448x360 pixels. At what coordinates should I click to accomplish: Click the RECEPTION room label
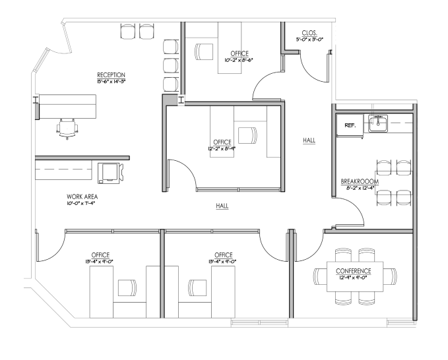point(111,75)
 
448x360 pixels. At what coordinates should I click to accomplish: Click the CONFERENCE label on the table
point(353,270)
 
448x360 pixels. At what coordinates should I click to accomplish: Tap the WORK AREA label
point(83,196)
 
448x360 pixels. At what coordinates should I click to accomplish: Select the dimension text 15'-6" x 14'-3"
point(111,82)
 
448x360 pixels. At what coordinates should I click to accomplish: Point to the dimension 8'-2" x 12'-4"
point(360,188)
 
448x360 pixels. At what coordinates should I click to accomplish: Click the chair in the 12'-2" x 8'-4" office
point(247,134)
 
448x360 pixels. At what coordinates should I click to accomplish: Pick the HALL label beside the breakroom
point(308,140)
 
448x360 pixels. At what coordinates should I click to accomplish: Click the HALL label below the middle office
point(222,206)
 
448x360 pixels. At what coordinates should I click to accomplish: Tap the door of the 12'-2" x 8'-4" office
point(181,171)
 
